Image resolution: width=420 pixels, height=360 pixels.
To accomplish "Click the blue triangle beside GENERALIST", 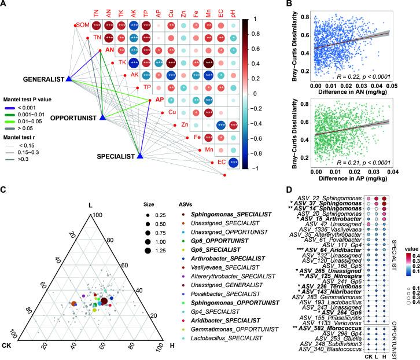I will tap(68, 79).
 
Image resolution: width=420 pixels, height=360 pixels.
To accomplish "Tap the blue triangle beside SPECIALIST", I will tap(139, 155).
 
